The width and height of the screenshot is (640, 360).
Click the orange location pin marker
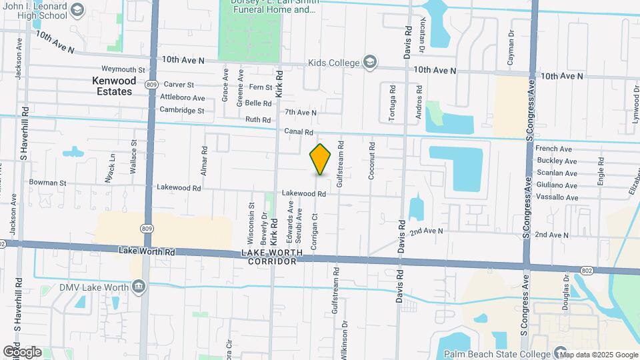click(x=320, y=159)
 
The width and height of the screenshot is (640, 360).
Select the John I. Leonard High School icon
click(x=77, y=10)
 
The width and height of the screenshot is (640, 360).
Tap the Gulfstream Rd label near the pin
click(x=340, y=164)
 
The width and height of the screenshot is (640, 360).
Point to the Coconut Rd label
click(x=372, y=161)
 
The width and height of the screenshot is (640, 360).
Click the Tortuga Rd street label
click(x=393, y=103)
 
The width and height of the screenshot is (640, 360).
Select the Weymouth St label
click(x=123, y=69)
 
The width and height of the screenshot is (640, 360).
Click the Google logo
click(x=22, y=352)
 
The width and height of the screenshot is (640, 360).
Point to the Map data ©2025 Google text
click(x=598, y=355)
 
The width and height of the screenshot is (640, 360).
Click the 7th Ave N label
click(x=300, y=113)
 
